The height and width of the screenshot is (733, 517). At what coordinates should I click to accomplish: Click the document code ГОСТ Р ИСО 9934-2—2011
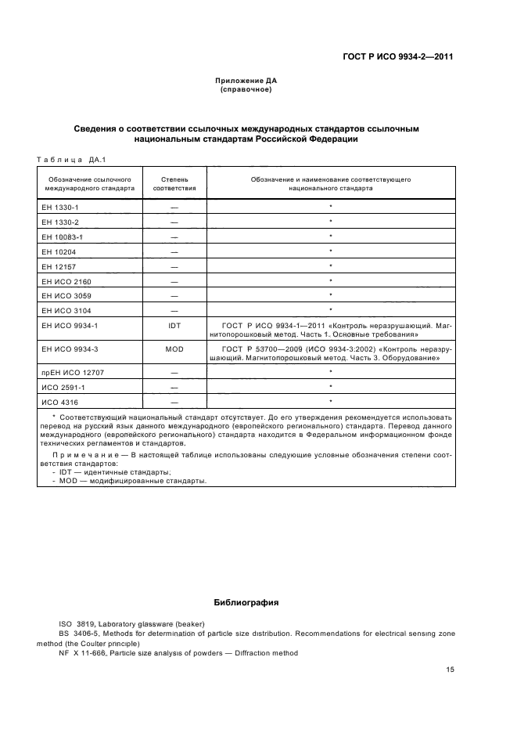pyautogui.click(x=398, y=57)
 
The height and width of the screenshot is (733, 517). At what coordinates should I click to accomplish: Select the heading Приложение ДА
pyautogui.click(x=246, y=81)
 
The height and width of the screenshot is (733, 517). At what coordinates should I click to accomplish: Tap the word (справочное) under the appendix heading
pyautogui.click(x=246, y=89)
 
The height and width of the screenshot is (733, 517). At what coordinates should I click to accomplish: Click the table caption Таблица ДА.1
pyautogui.click(x=71, y=161)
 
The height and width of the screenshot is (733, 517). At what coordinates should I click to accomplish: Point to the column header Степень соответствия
pyautogui.click(x=174, y=184)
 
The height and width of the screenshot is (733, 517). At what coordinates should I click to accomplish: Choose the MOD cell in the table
pyautogui.click(x=174, y=349)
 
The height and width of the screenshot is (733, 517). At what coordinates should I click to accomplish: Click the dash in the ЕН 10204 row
pyautogui.click(x=174, y=251)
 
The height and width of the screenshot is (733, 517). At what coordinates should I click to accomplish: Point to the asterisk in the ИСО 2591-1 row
pyautogui.click(x=331, y=387)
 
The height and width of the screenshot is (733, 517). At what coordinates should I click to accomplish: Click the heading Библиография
pyautogui.click(x=246, y=603)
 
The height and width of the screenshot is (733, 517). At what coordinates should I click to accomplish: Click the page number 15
pyautogui.click(x=449, y=670)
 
